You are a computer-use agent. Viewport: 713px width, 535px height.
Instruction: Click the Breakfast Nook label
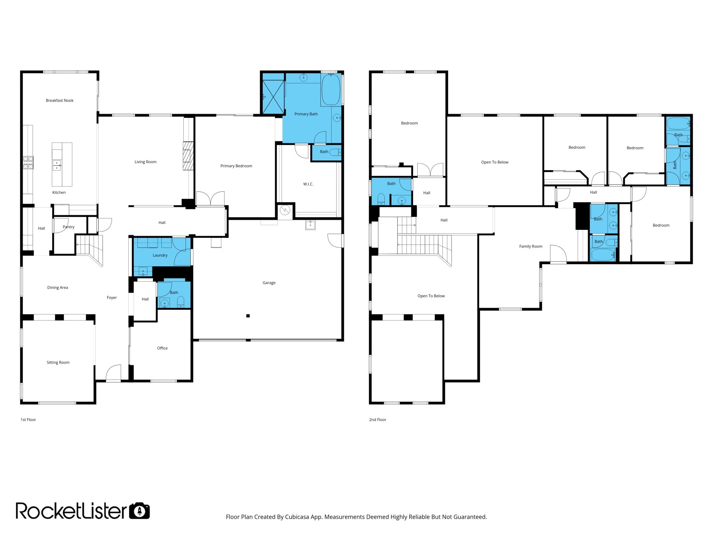click(60, 101)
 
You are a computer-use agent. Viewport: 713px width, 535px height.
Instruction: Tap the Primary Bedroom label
click(236, 166)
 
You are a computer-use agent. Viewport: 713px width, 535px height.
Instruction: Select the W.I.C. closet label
click(308, 184)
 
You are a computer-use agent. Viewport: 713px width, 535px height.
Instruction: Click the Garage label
click(269, 283)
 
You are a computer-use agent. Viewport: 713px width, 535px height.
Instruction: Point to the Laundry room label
click(160, 255)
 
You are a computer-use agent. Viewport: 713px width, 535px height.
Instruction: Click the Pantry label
click(69, 227)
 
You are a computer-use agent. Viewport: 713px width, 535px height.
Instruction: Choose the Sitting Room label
click(58, 362)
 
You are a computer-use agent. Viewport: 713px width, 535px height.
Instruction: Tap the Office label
click(162, 348)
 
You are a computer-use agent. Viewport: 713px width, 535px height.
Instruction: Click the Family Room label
click(531, 247)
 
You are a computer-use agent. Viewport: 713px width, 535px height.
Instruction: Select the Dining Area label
click(58, 288)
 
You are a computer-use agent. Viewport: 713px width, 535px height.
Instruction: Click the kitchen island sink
click(56, 165)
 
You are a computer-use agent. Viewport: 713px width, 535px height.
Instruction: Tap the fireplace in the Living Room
click(188, 155)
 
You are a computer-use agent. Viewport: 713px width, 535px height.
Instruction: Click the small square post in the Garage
click(248, 316)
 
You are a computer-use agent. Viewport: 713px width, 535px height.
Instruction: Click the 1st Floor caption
click(28, 420)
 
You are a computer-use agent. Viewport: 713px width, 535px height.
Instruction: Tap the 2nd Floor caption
click(378, 420)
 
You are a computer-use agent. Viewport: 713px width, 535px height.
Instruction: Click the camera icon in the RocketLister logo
click(139, 511)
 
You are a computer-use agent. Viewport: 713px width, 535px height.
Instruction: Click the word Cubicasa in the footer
click(297, 517)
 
